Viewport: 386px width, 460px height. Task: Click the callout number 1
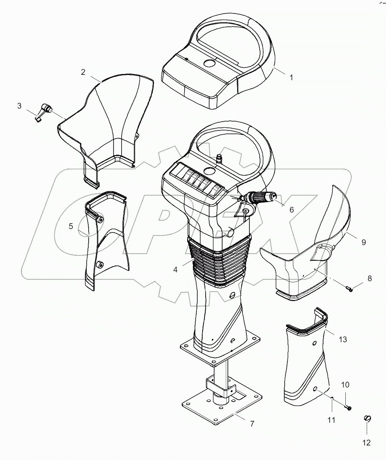point(291,77)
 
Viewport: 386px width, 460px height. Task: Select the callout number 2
point(83,72)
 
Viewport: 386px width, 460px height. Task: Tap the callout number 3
point(20,106)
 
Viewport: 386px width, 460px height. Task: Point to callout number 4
point(175,269)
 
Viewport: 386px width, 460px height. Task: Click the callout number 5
point(71,226)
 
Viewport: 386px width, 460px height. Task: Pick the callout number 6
point(292,209)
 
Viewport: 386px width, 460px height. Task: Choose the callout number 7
point(252,424)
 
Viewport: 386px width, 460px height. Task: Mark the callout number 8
point(370,279)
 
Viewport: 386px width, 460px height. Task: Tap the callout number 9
point(363,242)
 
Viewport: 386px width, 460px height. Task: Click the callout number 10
point(345,385)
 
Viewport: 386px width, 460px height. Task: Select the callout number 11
point(331,420)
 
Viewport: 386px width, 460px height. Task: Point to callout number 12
point(366,443)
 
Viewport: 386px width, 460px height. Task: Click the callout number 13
point(342,339)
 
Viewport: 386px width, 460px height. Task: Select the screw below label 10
point(348,408)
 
